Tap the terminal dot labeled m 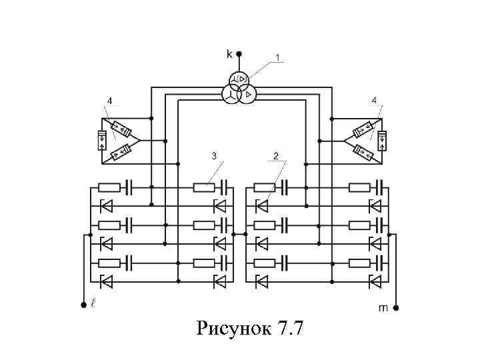(x=396, y=308)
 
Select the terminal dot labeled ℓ (x=83, y=305)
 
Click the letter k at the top (x=229, y=53)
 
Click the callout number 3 (x=213, y=156)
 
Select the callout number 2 (x=275, y=156)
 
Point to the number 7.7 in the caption (x=288, y=329)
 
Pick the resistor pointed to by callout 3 (x=203, y=187)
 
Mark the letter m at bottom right (x=383, y=308)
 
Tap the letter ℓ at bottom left (x=93, y=305)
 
